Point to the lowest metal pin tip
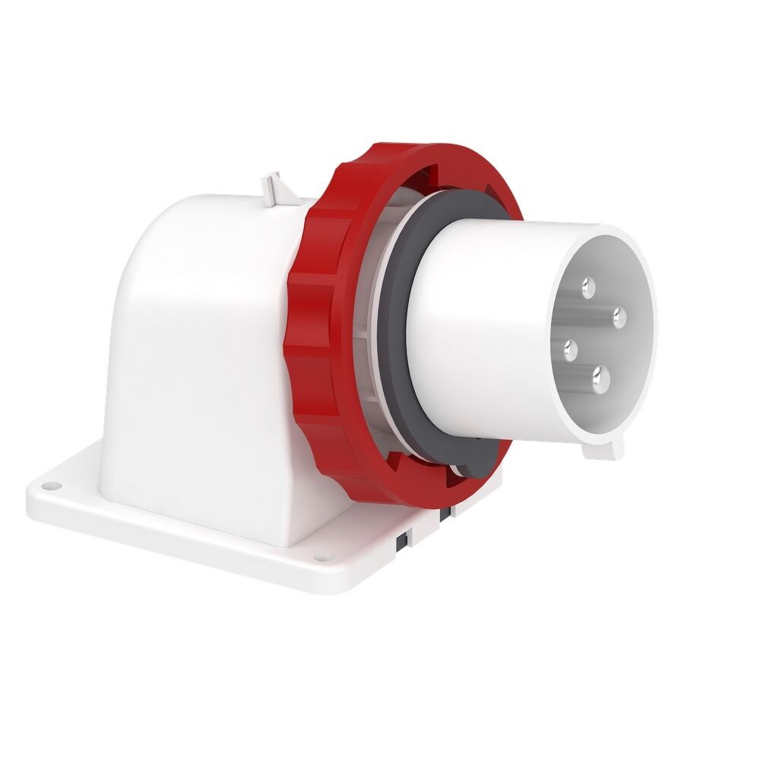[x=601, y=375]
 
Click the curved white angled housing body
[x=198, y=342]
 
